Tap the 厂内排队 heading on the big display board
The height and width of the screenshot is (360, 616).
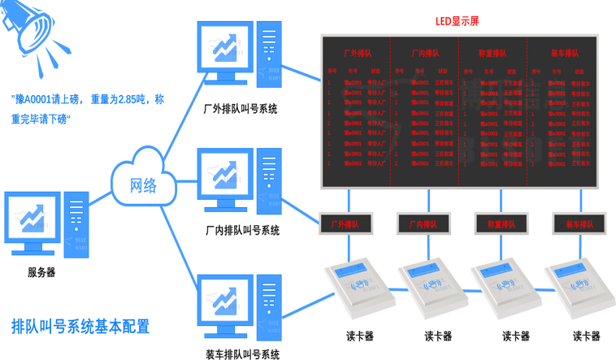(425, 54)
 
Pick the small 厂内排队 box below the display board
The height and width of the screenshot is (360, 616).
(424, 223)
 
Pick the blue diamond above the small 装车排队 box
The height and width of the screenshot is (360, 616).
(579, 198)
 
